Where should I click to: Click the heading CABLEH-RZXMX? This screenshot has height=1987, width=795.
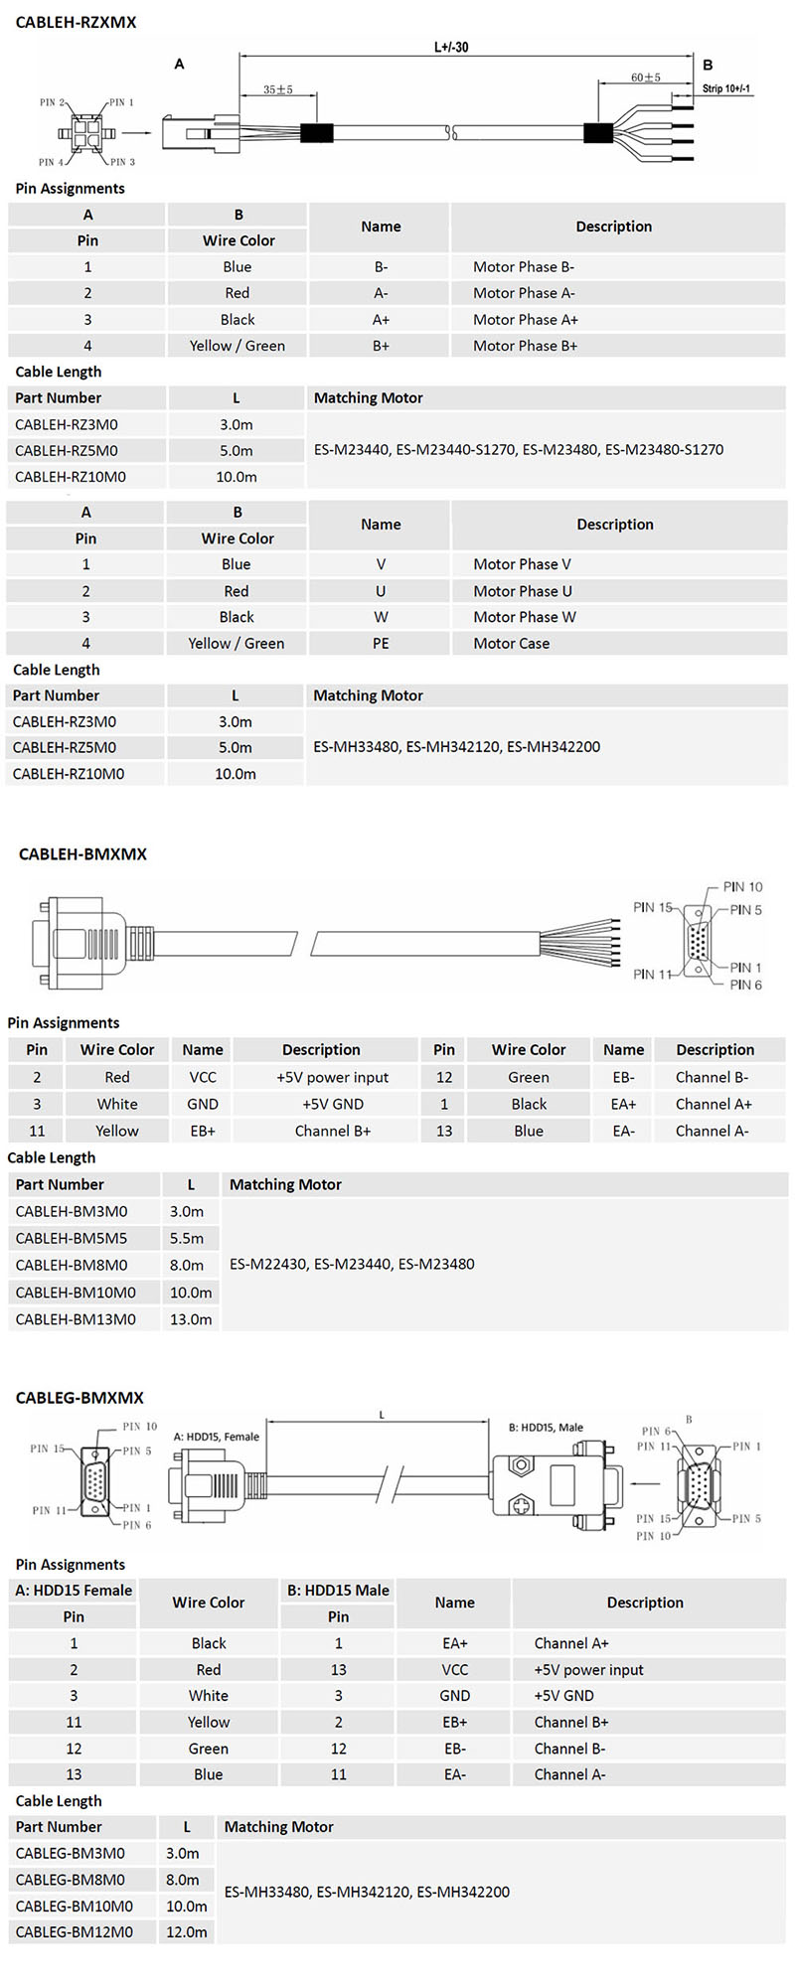click(77, 22)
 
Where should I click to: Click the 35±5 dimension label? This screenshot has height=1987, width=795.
click(278, 89)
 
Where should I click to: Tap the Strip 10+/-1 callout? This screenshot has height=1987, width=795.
click(726, 88)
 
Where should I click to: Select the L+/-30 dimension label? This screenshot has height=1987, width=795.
click(451, 47)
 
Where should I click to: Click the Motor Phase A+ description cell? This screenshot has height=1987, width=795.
click(525, 320)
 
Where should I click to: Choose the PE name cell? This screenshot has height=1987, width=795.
click(381, 643)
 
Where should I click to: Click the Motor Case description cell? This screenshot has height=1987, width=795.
click(511, 643)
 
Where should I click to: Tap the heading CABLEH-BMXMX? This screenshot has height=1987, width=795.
click(82, 853)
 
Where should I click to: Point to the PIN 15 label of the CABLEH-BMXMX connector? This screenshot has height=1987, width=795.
click(652, 907)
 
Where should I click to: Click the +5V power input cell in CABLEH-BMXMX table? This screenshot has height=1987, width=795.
click(332, 1077)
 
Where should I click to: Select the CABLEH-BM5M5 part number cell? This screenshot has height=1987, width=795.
click(72, 1238)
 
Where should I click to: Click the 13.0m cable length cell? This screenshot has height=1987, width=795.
click(191, 1319)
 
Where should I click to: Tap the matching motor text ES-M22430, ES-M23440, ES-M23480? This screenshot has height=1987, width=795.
click(352, 1265)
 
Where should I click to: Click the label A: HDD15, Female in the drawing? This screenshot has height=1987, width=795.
click(216, 1437)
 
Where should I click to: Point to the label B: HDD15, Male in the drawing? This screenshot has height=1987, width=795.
click(546, 1428)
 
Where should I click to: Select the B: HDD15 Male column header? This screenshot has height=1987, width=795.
click(338, 1590)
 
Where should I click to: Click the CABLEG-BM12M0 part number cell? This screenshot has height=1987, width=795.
click(71, 1931)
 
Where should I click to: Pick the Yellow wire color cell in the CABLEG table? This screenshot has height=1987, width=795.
click(209, 1722)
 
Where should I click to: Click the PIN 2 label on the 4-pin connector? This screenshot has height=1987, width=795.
click(52, 102)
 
